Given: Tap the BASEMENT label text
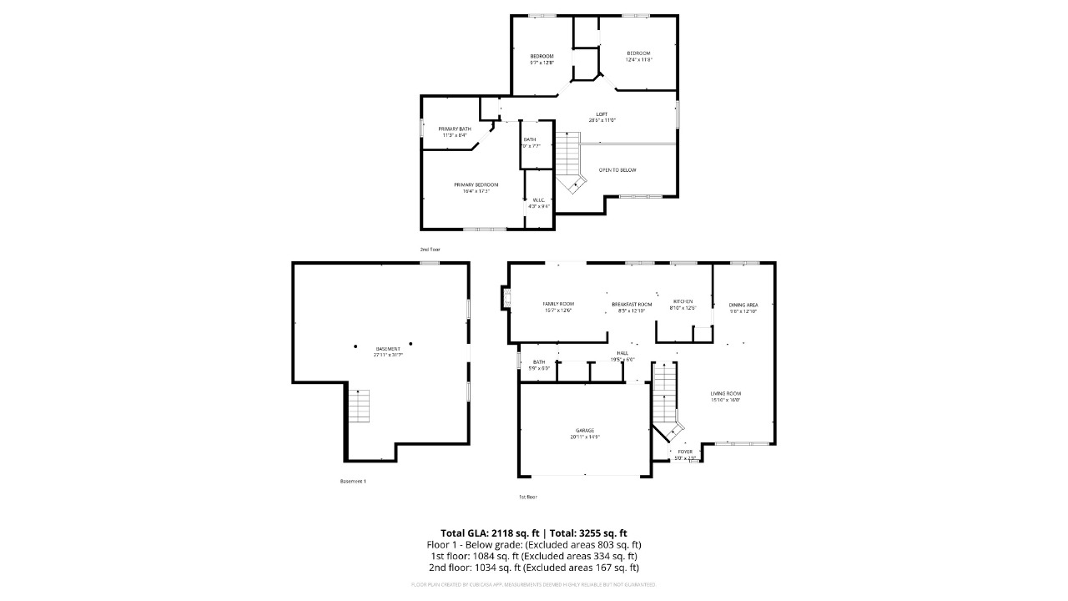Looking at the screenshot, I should pos(388,349).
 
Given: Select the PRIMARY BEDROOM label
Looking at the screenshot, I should pos(476,184).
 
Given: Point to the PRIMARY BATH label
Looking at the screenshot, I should pos(455,129).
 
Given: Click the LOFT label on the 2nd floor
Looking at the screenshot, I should pos(601,114).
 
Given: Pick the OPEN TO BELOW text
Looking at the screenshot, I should pos(617,170).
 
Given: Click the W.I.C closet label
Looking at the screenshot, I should pos(539,199).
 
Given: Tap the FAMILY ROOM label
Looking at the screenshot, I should pos(558,304).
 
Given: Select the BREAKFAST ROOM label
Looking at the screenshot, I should pos(631,304).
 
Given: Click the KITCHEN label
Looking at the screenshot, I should pos(683,301).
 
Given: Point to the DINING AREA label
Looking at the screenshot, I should pos(743,305).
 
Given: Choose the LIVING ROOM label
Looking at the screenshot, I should pos(725,393).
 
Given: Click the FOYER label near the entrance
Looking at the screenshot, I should pos(684,452).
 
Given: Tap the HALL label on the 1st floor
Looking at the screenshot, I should pos(622,354).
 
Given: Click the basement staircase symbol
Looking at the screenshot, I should pos(359,405).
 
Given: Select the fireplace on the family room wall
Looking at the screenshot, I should pos(505,297).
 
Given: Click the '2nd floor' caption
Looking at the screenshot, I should pos(430,250).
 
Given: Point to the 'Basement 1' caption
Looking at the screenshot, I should pos(353,482).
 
